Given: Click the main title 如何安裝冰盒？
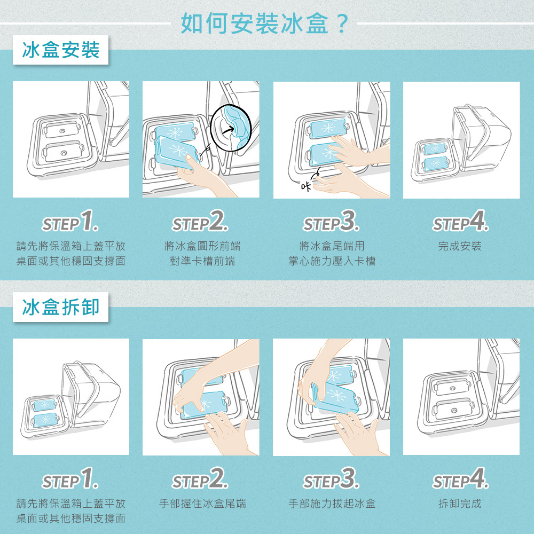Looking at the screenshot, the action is pos(265,23).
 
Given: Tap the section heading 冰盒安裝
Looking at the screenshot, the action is pos(61,50).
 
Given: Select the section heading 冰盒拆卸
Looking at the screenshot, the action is pos(61,307).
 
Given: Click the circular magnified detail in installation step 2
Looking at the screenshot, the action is pos(231,128).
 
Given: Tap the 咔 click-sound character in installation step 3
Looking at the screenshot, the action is pos(306,186).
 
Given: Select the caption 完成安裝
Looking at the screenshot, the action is pos(460,246).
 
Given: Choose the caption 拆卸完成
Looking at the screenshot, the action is pos(460,504).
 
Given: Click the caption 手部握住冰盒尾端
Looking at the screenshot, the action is pos(202,504).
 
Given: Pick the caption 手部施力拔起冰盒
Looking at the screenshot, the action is pos(332,504).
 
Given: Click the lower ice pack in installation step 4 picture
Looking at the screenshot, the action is pos(435,163).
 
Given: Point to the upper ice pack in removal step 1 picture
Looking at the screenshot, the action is pos(44,405).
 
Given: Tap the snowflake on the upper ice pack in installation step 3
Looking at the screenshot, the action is pos(328,128).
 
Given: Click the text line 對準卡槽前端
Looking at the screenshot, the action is pos(202,261).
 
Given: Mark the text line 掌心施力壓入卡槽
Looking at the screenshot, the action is pos(332,261).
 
